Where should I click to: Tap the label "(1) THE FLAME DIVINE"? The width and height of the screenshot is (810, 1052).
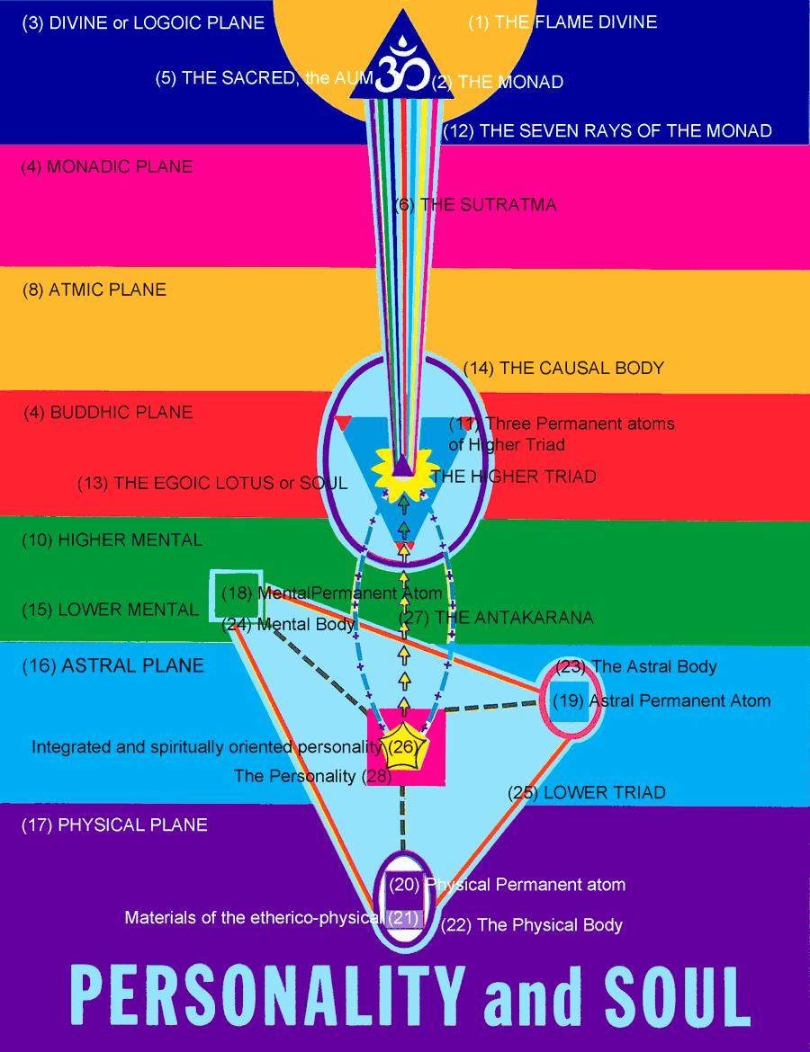pos(562,22)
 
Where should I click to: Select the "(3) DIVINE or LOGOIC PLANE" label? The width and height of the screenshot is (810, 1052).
pos(143,22)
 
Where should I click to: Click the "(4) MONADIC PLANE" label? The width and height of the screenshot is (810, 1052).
pos(107,166)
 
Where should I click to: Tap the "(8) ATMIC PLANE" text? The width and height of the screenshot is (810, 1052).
pos(94,290)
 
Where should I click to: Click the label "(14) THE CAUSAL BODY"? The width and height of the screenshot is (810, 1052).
pos(563,368)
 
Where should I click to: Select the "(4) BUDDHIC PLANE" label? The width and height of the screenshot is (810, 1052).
pos(108,413)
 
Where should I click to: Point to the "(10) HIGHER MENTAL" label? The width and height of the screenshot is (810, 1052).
pos(112,540)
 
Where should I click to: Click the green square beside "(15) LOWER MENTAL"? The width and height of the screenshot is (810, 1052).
pos(236,595)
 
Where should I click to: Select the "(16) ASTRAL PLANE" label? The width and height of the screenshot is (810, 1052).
pos(112,666)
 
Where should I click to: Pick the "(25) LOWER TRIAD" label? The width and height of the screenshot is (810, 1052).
pos(585,792)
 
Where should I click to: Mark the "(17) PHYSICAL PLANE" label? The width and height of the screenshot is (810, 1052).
pos(114,825)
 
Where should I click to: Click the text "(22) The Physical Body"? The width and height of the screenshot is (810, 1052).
pos(531,924)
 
